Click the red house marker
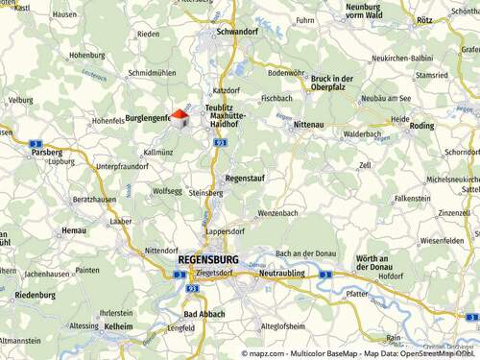(178, 117)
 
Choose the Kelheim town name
(118, 326)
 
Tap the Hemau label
(74, 230)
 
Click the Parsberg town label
(46, 152)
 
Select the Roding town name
(421, 126)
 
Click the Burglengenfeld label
(149, 119)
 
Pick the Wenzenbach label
(279, 213)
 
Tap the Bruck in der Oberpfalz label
(332, 83)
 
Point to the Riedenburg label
(35, 295)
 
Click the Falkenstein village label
(412, 198)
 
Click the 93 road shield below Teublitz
(221, 142)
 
